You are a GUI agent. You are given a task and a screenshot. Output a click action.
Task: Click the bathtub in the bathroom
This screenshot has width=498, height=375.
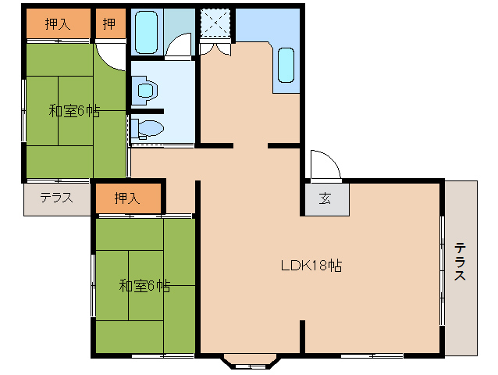coord(148,31)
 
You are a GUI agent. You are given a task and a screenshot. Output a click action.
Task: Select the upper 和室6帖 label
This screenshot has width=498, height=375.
coord(74,111)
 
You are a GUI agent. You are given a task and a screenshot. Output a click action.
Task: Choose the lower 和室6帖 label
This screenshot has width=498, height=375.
coord(144,286)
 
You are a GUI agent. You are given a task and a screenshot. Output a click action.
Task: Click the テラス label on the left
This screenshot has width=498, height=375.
coord(56,198)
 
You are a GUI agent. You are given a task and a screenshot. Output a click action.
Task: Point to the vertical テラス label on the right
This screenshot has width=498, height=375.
coord(461,263)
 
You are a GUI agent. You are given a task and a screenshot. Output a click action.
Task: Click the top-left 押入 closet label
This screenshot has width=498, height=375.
coord(58,24)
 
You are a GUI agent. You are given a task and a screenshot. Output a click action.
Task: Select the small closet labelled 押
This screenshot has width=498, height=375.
coord(109,24)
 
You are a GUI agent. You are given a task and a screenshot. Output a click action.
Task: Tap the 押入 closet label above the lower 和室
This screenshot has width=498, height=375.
coord(128,198)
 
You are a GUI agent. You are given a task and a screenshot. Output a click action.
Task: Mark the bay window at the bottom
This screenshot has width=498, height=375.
coord(250,362)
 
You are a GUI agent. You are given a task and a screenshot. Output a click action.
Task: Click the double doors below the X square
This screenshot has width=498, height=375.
coord(215,48)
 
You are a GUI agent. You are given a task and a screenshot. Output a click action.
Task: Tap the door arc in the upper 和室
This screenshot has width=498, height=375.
coord(112,56)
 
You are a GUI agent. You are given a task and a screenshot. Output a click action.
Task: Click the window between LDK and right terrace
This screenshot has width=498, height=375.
coord(443,266)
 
